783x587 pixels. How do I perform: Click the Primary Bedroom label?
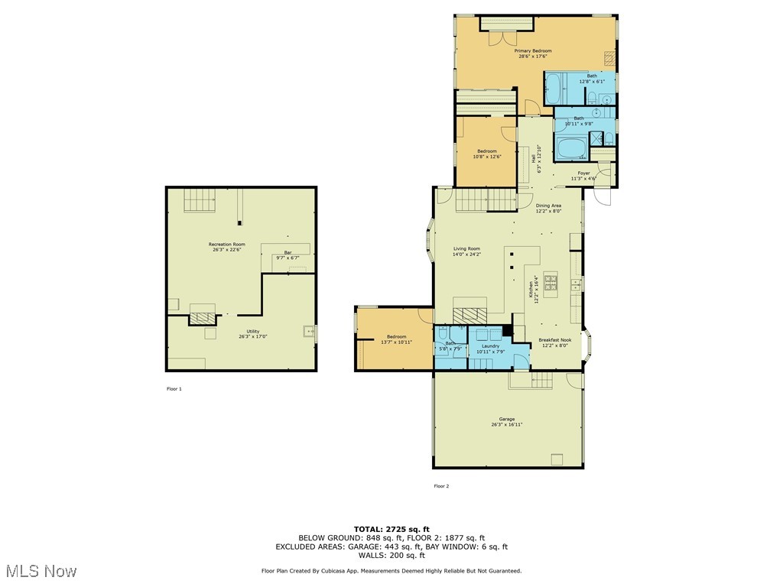tap(535, 51)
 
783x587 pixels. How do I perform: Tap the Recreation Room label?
tap(226, 245)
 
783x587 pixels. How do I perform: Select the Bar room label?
tap(288, 252)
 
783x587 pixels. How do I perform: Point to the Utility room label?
tap(242, 332)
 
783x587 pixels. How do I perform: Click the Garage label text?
tap(506, 419)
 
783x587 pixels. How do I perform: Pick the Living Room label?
tap(466, 248)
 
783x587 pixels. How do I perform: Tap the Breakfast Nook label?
tap(554, 340)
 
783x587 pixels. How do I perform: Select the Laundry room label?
tap(490, 346)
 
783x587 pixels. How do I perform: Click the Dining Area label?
tap(548, 206)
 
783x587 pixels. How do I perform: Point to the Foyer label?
tap(583, 174)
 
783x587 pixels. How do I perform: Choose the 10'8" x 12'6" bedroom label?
tap(487, 151)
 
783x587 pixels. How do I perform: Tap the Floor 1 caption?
tap(174, 389)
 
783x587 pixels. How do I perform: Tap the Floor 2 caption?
tap(441, 486)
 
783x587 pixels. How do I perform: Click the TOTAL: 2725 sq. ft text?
tap(391, 529)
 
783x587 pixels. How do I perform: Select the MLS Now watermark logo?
tap(40, 571)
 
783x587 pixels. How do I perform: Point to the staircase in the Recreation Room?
tap(199, 199)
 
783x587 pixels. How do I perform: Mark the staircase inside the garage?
tap(541, 379)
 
